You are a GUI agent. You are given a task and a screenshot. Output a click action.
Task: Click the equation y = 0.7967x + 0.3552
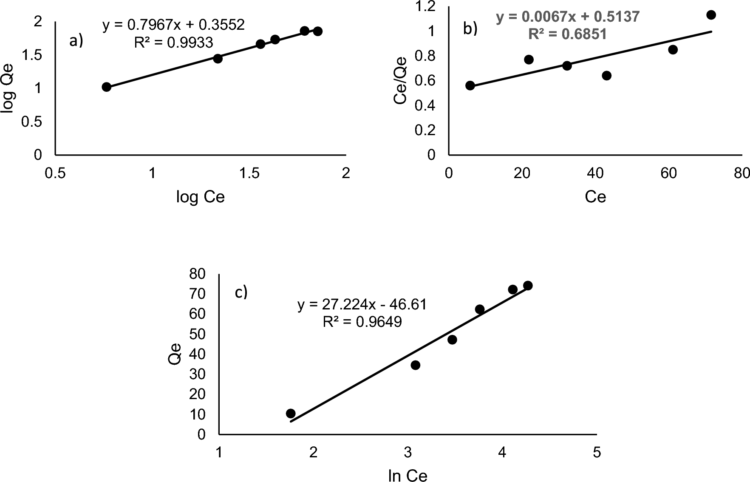coord(173,25)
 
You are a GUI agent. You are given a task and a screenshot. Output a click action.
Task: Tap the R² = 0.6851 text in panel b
coord(567,34)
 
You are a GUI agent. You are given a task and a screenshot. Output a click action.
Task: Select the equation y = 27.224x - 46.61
coord(362,305)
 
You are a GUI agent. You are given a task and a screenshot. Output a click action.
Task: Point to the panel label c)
coord(241,292)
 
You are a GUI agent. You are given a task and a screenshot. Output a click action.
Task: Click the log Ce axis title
coord(200,197)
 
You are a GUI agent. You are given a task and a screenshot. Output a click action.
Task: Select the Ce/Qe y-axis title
coord(400,81)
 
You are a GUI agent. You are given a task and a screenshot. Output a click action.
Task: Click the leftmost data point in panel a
coord(107,87)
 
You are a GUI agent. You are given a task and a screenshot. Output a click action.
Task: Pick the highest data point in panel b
coord(711,15)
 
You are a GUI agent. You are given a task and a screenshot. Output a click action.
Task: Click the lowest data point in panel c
coord(291,413)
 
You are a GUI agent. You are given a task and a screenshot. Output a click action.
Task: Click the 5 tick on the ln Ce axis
coord(597,453)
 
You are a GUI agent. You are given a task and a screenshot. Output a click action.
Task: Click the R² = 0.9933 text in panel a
coord(173,42)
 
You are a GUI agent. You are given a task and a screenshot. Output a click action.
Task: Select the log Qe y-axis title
coord(8,88)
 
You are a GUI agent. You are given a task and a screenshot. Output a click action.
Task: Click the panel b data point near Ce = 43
coord(607,76)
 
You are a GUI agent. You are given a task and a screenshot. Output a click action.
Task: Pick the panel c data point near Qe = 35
coord(416,365)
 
